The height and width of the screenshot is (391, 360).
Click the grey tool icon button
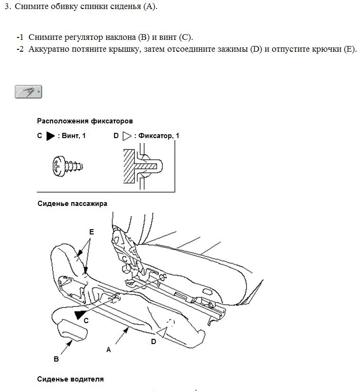click(x=28, y=92)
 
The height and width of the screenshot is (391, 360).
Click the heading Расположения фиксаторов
click(x=85, y=121)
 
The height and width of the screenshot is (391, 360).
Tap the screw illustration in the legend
click(x=67, y=166)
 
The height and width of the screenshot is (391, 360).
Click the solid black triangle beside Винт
click(x=50, y=136)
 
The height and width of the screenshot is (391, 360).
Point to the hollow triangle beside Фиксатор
click(x=127, y=136)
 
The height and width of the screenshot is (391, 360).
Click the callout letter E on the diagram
click(x=92, y=232)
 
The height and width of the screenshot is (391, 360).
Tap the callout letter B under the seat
click(x=56, y=359)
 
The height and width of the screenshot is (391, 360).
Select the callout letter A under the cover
click(x=108, y=349)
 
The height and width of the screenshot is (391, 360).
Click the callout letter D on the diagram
click(x=153, y=341)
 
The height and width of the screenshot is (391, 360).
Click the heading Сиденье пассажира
click(x=72, y=204)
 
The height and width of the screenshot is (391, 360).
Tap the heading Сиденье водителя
click(x=70, y=379)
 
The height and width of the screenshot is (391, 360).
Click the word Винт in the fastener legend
click(x=70, y=136)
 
